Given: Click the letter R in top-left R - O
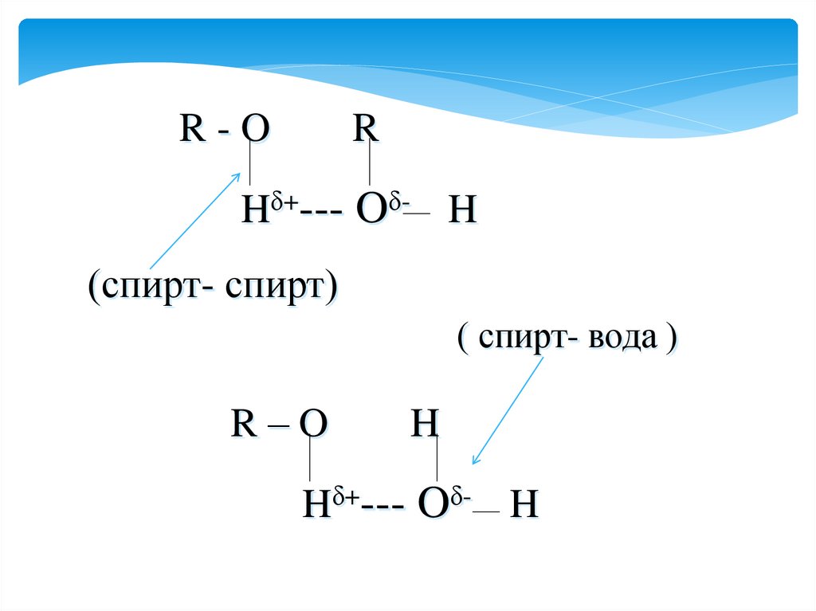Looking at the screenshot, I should point(191,129).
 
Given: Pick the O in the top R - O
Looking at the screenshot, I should point(254,129).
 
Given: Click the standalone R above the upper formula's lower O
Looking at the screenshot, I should point(366,129).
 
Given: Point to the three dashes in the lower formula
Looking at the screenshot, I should point(381,507).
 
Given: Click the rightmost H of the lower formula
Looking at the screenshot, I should point(524,506).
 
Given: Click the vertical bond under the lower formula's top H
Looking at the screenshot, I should point(437,460).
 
